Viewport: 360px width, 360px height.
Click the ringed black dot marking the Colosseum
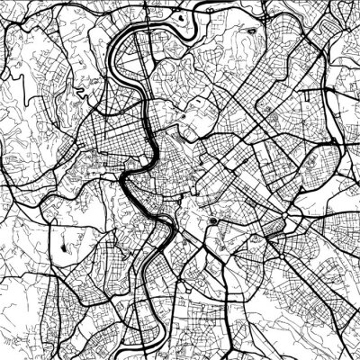coord(212,221)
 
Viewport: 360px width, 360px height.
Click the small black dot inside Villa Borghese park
coord(184,117)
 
